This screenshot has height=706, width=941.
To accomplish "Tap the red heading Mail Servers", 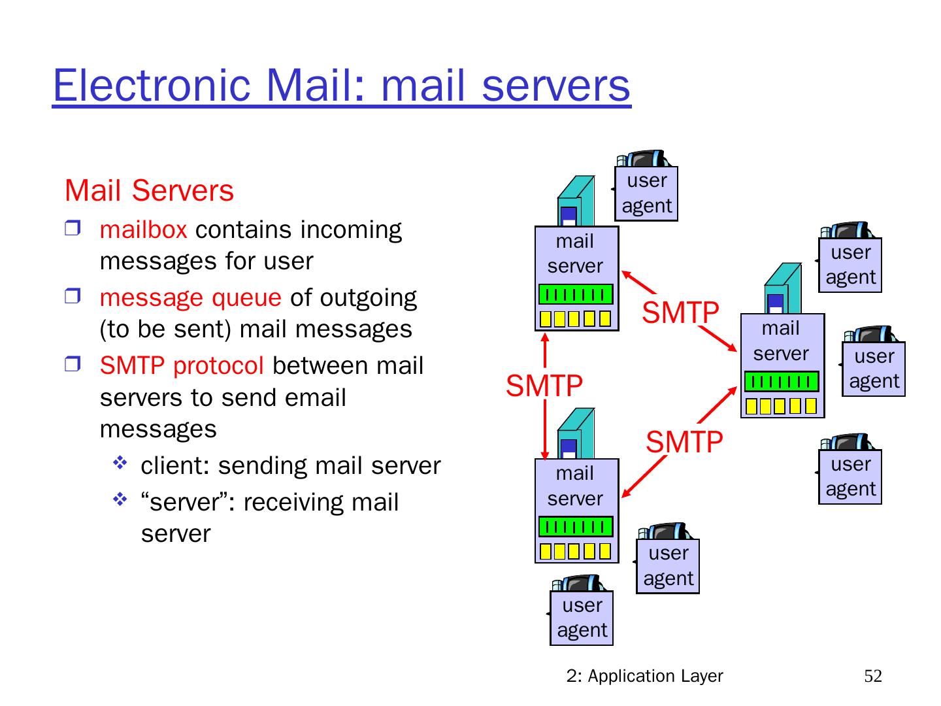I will [149, 191].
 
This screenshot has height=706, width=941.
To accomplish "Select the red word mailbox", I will [143, 230].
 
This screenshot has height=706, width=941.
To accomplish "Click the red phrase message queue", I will [190, 298].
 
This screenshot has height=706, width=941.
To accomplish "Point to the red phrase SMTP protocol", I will [182, 366].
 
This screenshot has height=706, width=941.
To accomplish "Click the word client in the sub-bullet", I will [175, 466].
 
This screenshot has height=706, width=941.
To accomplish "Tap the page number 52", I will [872, 676].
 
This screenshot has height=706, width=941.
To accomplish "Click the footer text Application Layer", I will [655, 676].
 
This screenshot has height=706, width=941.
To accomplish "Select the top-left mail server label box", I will [575, 254].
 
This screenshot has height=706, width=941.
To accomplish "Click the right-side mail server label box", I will [781, 341].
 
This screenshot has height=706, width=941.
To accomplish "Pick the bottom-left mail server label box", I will [575, 486].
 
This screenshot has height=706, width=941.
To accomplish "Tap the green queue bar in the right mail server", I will [782, 382].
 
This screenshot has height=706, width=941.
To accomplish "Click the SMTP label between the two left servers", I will [544, 386].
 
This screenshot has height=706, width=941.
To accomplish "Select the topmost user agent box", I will [646, 193].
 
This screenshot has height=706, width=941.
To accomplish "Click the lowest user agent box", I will [582, 618].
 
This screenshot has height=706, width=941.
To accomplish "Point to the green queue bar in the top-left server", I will [576, 295].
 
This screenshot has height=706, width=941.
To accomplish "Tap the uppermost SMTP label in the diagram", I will [680, 312].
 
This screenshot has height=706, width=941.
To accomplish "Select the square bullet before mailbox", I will [72, 228].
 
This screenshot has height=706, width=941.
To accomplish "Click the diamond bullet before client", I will [120, 464].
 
